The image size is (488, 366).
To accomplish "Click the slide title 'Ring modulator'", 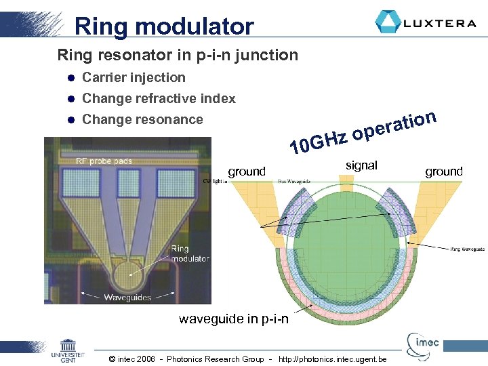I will click(x=164, y=26).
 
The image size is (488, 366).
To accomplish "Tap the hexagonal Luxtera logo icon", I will click(x=388, y=22).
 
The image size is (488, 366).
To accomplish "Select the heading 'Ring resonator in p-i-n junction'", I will click(x=178, y=55).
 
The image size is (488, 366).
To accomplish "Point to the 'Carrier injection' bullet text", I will click(x=134, y=77).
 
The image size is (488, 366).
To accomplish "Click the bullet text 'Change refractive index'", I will click(x=159, y=98).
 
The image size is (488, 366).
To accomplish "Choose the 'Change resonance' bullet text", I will click(x=142, y=119).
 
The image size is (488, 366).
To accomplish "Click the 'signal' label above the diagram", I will click(x=361, y=165).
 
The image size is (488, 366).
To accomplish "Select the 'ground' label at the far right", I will click(x=444, y=171).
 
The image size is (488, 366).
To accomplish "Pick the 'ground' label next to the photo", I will click(x=247, y=171).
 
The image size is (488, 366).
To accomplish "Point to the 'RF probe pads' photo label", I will click(x=104, y=161).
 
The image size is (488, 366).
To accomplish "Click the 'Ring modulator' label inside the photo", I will click(x=190, y=253).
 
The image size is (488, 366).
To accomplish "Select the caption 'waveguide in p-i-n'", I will click(x=233, y=319).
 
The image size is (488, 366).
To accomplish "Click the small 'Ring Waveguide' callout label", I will click(x=468, y=249).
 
